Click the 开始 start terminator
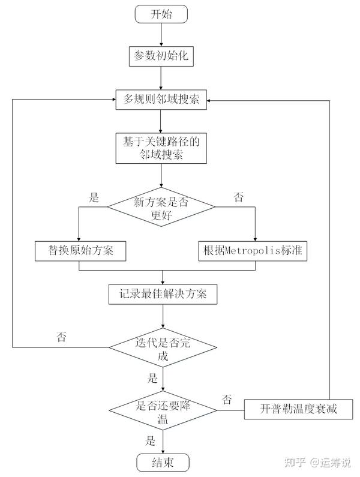point(161,14)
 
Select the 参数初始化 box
point(161,56)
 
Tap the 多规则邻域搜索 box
point(161,100)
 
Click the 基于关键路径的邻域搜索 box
point(161,148)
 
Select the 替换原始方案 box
point(80,251)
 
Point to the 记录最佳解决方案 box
point(161,294)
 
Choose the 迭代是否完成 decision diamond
point(161,347)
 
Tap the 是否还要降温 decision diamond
point(161,410)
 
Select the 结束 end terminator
point(161,463)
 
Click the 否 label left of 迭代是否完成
point(61,337)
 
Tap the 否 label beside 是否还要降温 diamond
point(227,398)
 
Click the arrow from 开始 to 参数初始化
point(161,35)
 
